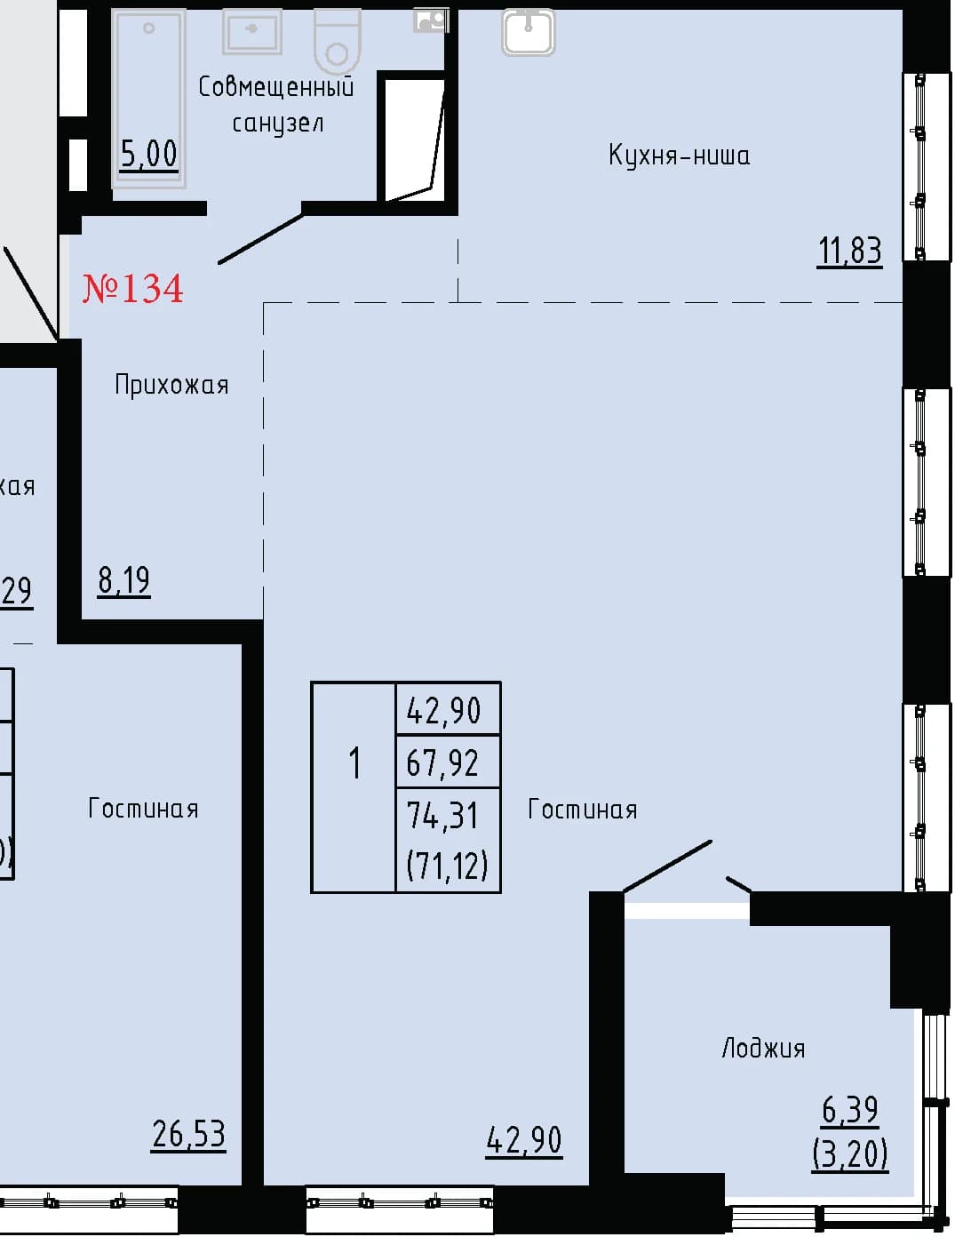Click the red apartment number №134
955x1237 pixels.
pyautogui.click(x=132, y=288)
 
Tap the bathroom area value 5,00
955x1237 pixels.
pyautogui.click(x=149, y=154)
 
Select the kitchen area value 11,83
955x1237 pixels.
pyautogui.click(x=850, y=251)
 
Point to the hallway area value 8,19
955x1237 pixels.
pyautogui.click(x=124, y=580)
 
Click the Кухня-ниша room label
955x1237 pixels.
pyautogui.click(x=679, y=155)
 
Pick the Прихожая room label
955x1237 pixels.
pyautogui.click(x=171, y=386)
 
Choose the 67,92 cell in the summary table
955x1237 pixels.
pyautogui.click(x=442, y=763)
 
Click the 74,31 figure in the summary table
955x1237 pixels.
pyautogui.click(x=442, y=815)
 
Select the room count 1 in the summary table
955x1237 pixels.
pyautogui.click(x=355, y=763)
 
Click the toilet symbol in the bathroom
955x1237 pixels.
pyautogui.click(x=338, y=42)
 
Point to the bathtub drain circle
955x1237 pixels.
pyautogui.click(x=149, y=28)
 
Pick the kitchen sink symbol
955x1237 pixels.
pyautogui.click(x=529, y=32)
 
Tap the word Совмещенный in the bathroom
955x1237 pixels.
pyautogui.click(x=276, y=87)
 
